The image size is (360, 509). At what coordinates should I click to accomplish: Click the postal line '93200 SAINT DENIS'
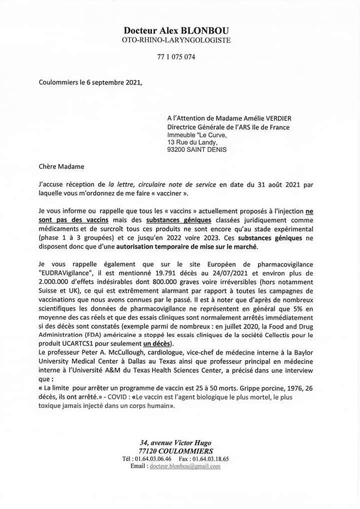point(197,149)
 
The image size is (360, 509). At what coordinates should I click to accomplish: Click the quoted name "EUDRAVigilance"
point(69,273)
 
